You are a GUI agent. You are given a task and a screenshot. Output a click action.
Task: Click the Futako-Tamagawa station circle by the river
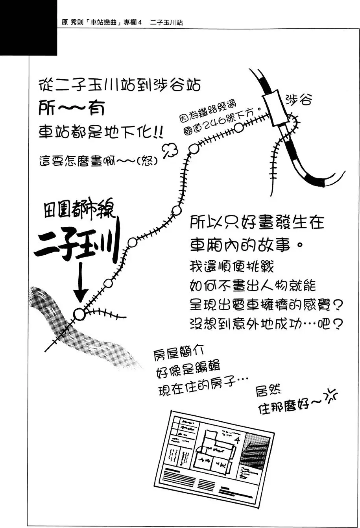point(79,314)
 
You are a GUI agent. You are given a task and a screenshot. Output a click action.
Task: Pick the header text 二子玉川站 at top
point(166,22)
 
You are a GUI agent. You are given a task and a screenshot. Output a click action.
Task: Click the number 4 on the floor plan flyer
point(237,440)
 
